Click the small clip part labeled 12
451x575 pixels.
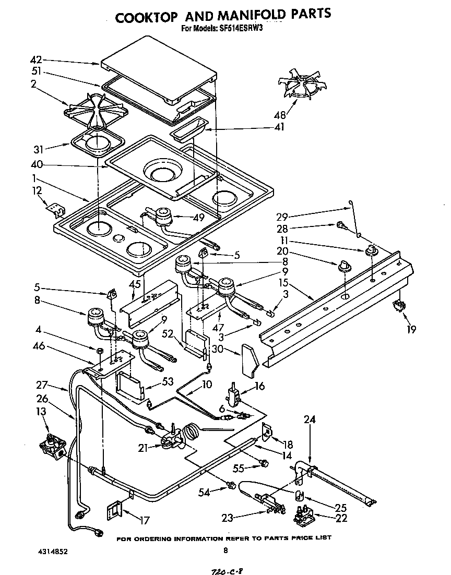tap(55, 209)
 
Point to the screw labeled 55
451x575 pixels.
tap(264, 463)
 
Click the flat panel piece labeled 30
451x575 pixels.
tap(250, 360)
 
